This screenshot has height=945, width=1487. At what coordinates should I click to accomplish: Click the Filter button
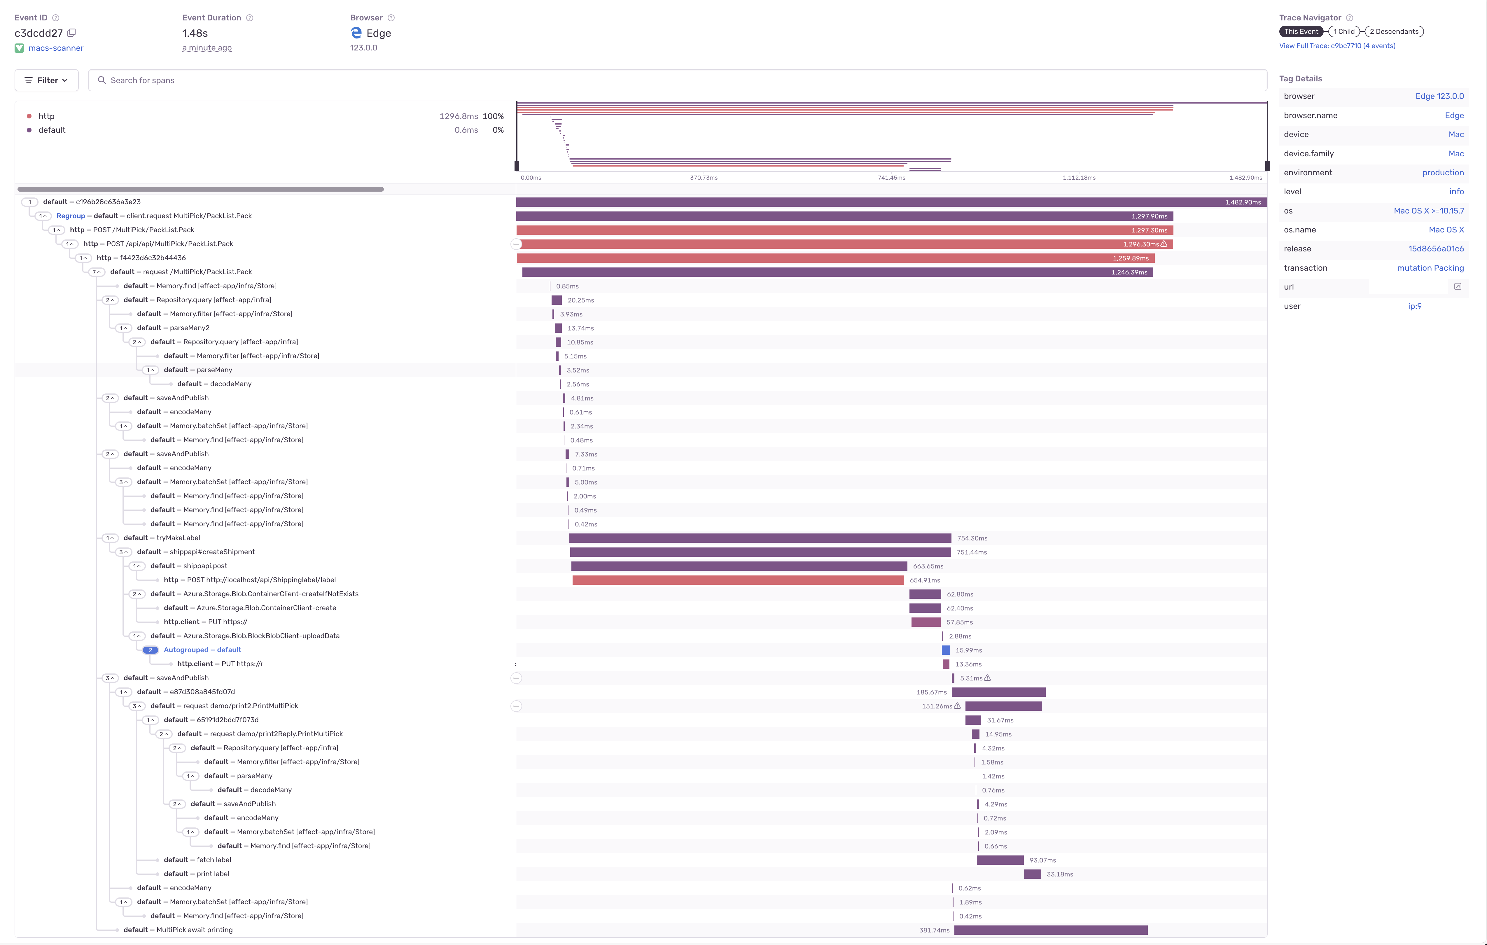pyautogui.click(x=46, y=80)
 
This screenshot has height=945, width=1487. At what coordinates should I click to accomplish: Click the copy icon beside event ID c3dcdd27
pyautogui.click(x=72, y=33)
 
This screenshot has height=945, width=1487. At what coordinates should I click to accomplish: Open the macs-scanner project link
pyautogui.click(x=56, y=48)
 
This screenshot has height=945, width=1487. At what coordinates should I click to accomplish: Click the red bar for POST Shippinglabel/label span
pyautogui.click(x=738, y=580)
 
